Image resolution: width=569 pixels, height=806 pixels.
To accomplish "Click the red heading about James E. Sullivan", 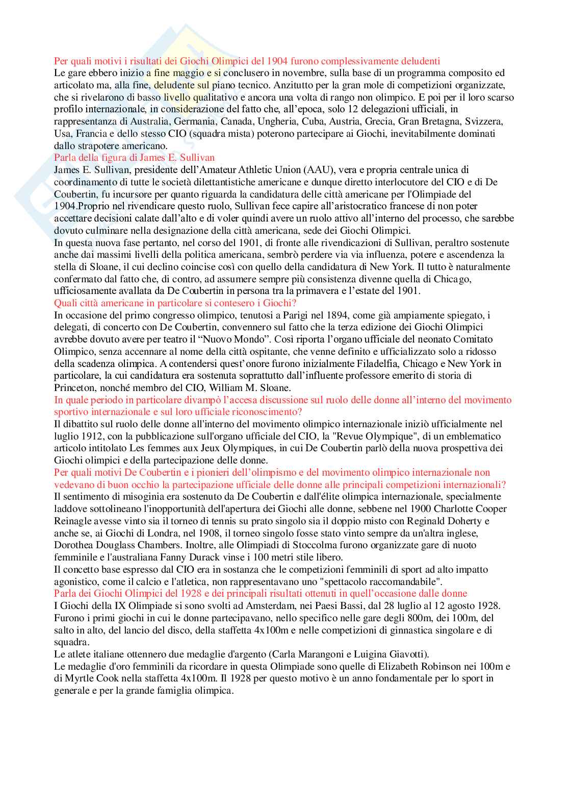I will (x=134, y=158).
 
